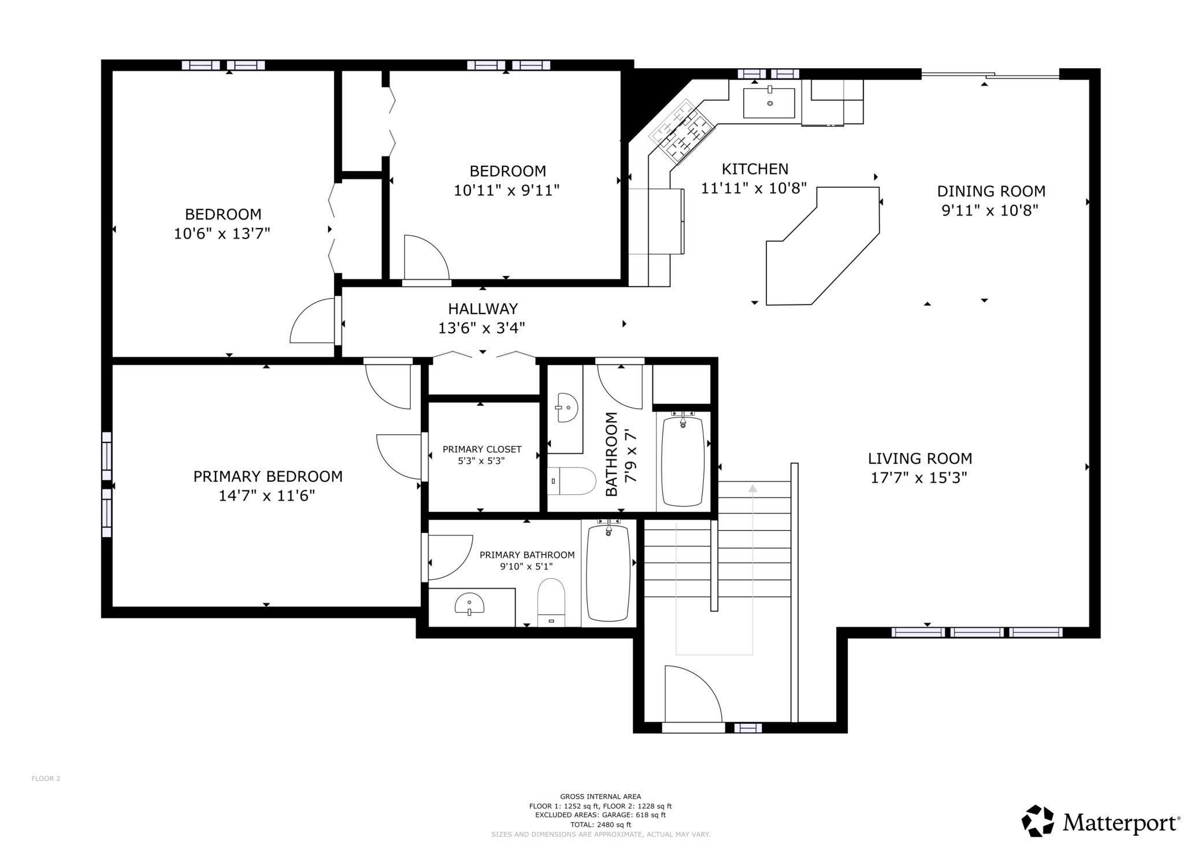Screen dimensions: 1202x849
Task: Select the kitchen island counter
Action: pyautogui.click(x=823, y=245)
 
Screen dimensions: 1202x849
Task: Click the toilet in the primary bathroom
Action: pyautogui.click(x=551, y=602)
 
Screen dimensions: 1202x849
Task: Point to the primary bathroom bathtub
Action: pyautogui.click(x=608, y=572)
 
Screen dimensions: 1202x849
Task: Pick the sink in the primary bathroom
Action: pyautogui.click(x=469, y=604)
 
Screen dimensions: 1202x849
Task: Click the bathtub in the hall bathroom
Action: pyautogui.click(x=682, y=460)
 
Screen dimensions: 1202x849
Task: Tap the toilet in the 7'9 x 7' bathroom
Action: pyautogui.click(x=572, y=481)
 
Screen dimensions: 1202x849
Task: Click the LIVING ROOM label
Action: pyautogui.click(x=920, y=459)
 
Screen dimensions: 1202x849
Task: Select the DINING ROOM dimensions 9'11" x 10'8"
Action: pyautogui.click(x=990, y=210)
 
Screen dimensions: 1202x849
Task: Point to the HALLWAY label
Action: pyautogui.click(x=483, y=309)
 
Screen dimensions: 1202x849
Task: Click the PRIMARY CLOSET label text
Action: pyautogui.click(x=482, y=449)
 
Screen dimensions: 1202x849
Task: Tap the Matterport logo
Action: pyautogui.click(x=1101, y=821)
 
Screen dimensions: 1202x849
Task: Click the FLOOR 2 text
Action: pyautogui.click(x=46, y=779)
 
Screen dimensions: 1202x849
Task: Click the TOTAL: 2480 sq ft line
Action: pyautogui.click(x=600, y=825)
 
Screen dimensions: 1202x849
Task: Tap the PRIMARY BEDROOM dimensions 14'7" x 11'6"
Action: pyautogui.click(x=267, y=496)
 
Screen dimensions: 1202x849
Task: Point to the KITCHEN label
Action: pyautogui.click(x=755, y=169)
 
